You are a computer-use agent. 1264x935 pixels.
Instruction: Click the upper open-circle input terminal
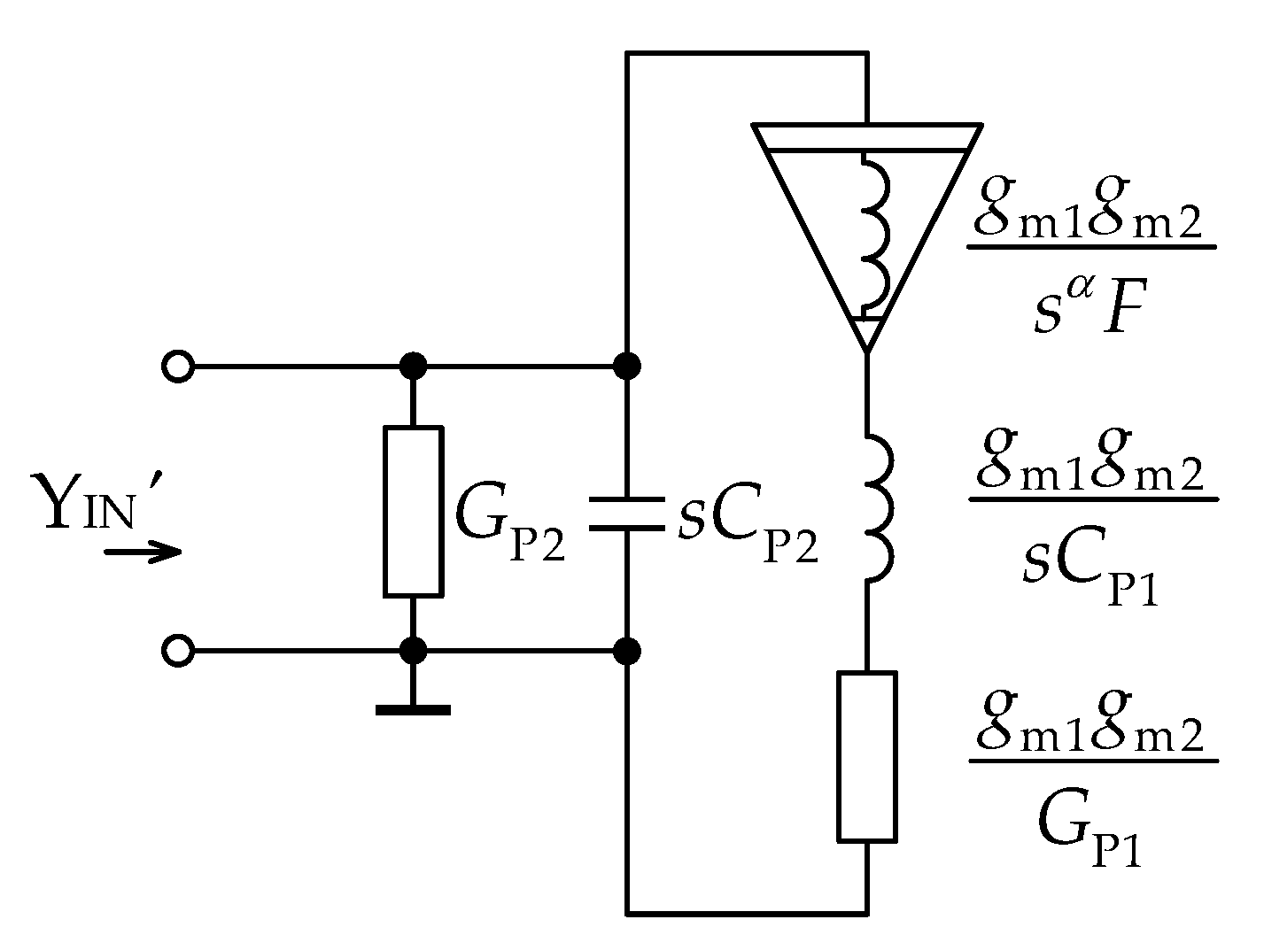point(178,366)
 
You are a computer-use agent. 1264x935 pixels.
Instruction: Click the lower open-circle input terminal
point(178,652)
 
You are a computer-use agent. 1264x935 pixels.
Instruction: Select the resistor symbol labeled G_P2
point(413,510)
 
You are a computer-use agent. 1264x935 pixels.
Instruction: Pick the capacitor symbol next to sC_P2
point(627,514)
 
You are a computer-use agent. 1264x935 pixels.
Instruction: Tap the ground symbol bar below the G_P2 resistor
point(413,709)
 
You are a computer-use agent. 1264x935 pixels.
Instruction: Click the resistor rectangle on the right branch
point(867,755)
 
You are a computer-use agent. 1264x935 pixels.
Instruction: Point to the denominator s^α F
point(1087,310)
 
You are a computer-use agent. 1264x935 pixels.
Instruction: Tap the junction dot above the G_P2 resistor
point(413,366)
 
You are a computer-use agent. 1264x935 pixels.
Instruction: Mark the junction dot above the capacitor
point(627,366)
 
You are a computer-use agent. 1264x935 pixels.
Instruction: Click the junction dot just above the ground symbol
point(413,652)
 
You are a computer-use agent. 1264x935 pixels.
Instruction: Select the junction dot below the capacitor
point(627,652)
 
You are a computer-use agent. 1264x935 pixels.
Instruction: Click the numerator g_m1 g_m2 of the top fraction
point(1090,217)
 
